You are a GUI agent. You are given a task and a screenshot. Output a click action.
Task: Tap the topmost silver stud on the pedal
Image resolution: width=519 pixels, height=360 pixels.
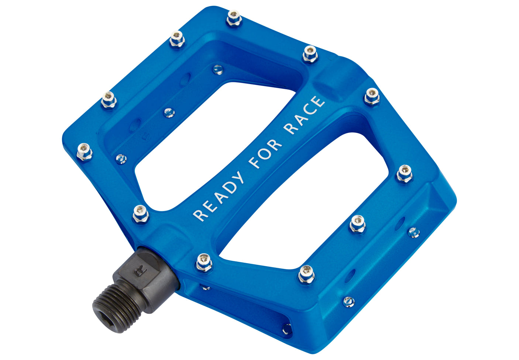click(x=234, y=18)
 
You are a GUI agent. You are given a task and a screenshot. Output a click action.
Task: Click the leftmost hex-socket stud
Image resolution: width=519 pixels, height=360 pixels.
click(x=84, y=152)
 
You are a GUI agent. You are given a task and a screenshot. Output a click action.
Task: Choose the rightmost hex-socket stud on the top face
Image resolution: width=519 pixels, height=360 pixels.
click(x=405, y=174)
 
